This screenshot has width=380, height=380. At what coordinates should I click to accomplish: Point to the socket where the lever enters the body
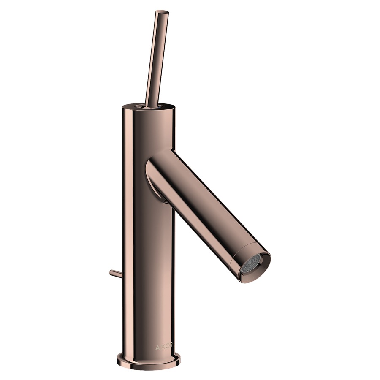[x=147, y=106]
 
